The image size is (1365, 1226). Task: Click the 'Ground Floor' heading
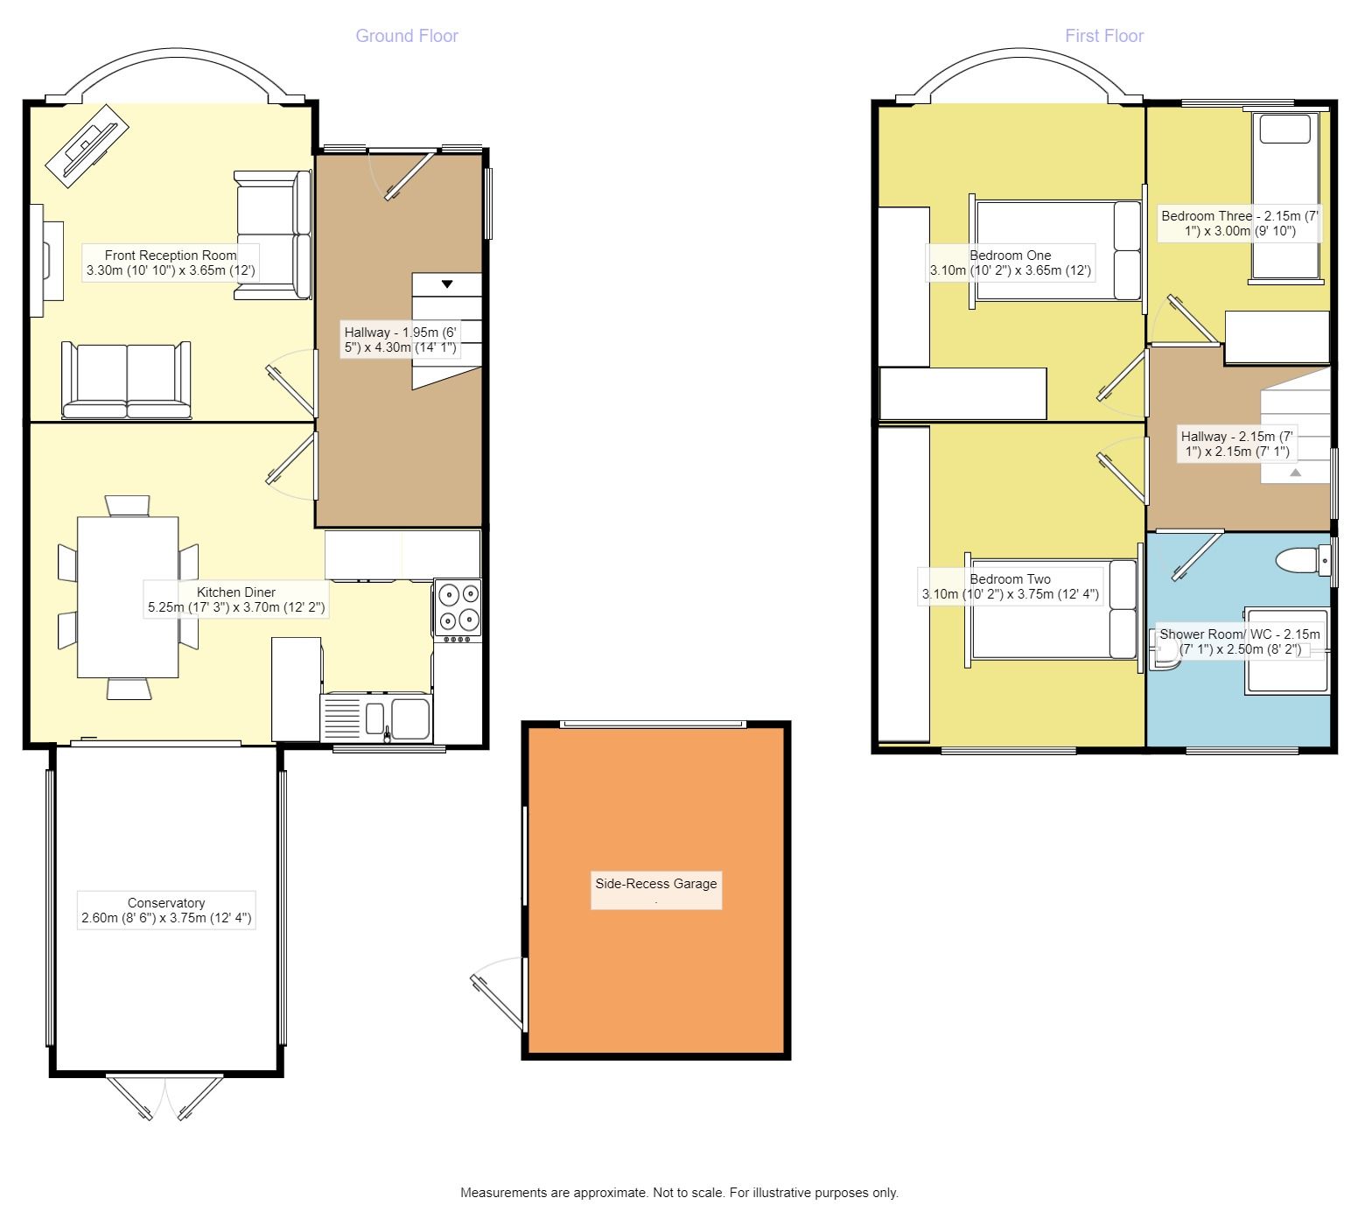[406, 36]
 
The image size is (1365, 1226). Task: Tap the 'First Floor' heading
[1103, 36]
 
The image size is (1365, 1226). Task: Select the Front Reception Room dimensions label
[171, 263]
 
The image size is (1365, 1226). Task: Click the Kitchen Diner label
[236, 599]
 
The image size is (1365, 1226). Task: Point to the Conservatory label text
[166, 910]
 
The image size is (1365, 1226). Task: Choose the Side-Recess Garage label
[656, 884]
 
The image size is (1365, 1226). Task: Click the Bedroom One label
[1010, 263]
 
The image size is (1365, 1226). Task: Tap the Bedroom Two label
[1010, 586]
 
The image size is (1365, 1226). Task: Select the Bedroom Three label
[1239, 223]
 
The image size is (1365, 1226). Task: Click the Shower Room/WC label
[1239, 641]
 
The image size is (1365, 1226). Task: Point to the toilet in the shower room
[1302, 559]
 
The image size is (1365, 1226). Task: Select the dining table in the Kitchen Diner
[128, 597]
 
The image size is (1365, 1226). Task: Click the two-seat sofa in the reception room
[126, 381]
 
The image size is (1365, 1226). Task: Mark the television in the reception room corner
[87, 144]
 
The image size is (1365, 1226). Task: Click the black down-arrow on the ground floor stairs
[447, 284]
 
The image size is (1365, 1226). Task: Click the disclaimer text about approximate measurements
[679, 1192]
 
